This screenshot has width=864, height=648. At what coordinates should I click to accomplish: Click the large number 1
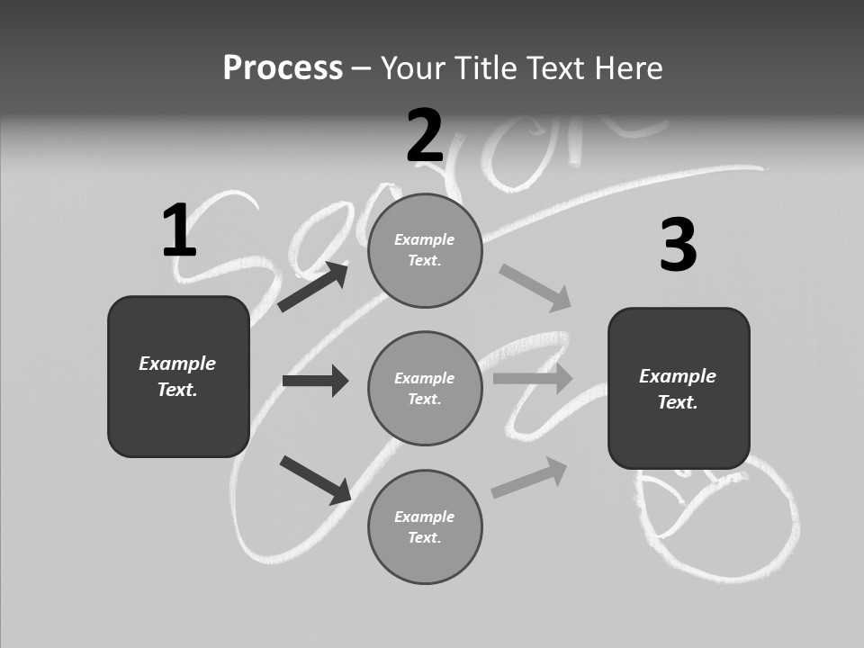179,231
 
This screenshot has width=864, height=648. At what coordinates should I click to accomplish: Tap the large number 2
425,136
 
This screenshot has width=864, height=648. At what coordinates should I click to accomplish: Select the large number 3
678,246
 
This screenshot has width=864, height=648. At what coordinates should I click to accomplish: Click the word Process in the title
283,68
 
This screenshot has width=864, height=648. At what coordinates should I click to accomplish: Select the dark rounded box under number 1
178,376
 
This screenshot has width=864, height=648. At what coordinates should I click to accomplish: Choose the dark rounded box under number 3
679,388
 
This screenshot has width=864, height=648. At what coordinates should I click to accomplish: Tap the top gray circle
425,250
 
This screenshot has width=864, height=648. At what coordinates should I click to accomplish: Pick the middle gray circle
425,388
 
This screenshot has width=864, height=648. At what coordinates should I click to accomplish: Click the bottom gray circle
425,526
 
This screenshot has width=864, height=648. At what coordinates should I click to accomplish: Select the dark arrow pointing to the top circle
313,287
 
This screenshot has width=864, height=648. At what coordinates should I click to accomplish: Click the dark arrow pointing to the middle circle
315,381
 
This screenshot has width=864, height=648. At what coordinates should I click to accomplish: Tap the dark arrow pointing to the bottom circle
315,480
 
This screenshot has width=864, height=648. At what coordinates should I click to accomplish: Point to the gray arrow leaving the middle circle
532,379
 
